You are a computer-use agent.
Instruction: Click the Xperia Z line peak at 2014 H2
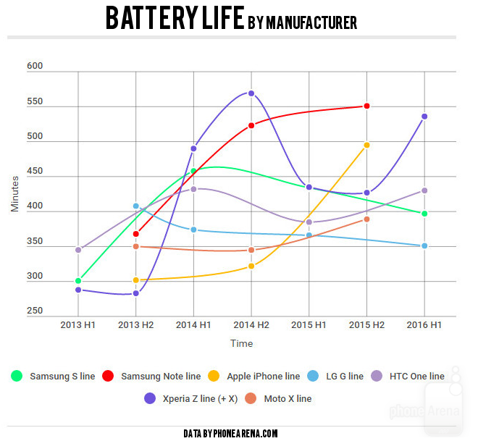click(251, 93)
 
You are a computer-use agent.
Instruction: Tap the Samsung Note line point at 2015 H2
click(367, 106)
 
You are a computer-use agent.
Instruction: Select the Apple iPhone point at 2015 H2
click(367, 145)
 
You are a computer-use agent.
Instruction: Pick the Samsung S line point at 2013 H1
click(78, 281)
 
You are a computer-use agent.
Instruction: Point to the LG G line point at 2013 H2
click(135, 206)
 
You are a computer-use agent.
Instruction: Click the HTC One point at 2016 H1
click(425, 190)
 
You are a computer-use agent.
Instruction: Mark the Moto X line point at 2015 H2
click(367, 219)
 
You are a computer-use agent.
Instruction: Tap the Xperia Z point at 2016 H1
click(425, 117)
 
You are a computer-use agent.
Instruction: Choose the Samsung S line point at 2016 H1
click(425, 214)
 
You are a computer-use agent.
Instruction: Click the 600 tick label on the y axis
click(35, 66)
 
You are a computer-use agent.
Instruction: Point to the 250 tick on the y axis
click(35, 311)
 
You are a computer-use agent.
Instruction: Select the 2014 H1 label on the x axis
click(193, 326)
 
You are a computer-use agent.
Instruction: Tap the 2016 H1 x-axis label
click(425, 326)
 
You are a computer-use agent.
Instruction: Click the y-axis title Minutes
click(15, 193)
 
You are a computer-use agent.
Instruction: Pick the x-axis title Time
click(242, 343)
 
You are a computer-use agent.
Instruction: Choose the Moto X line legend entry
click(279, 398)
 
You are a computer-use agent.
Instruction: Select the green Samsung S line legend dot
click(17, 377)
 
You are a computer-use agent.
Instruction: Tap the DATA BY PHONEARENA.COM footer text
click(231, 433)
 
